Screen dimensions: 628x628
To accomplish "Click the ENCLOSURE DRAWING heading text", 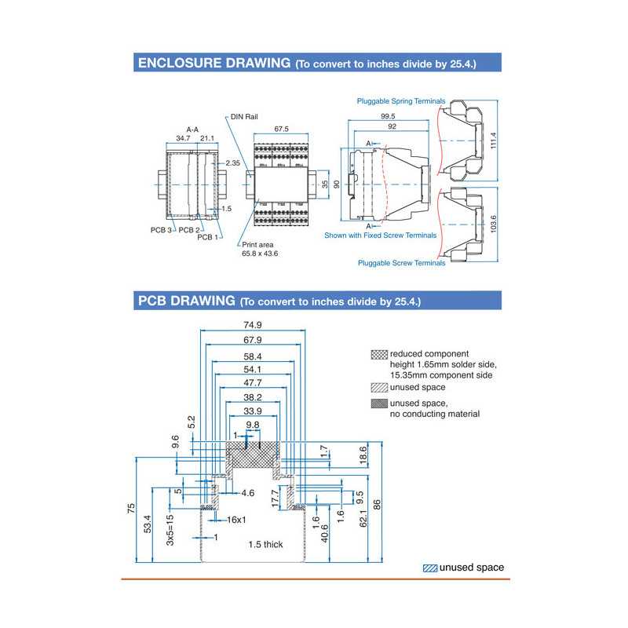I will click(214, 63).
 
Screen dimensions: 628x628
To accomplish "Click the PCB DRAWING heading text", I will click(187, 301).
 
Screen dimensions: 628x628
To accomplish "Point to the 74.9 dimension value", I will click(253, 324).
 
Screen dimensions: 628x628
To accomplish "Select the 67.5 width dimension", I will click(282, 129).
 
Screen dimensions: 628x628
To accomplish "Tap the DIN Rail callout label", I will click(244, 116).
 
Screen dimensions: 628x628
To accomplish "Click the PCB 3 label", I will click(161, 230).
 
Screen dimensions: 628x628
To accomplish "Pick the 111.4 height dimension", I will click(494, 140).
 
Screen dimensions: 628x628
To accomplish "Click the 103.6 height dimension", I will click(494, 224).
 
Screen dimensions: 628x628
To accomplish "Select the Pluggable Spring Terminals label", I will click(401, 101).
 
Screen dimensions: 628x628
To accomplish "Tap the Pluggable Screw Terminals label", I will click(401, 263).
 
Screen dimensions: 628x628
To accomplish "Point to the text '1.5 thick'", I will click(265, 544).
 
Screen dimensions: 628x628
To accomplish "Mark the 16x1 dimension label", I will click(236, 520).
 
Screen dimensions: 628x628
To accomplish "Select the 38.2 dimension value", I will click(253, 398).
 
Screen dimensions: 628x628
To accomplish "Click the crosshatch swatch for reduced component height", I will click(379, 355).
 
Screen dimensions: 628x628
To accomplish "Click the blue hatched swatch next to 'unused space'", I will click(429, 568).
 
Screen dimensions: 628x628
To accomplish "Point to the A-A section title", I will click(192, 129).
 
